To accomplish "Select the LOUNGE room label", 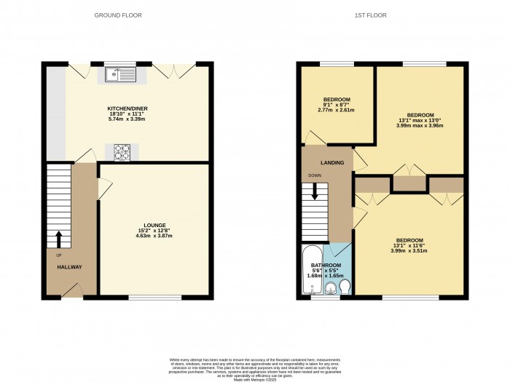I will pos(154,225).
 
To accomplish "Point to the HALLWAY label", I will pos(70,267).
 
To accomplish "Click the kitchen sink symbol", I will pos(120,73).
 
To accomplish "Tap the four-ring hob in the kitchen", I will pos(122,152).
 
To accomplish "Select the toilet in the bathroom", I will pos(345,288).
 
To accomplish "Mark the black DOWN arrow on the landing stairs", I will pos(315,191).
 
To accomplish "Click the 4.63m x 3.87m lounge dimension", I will pos(154,236).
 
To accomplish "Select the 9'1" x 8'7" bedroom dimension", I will pos(337,105).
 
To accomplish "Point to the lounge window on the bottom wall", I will pos(155,298).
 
